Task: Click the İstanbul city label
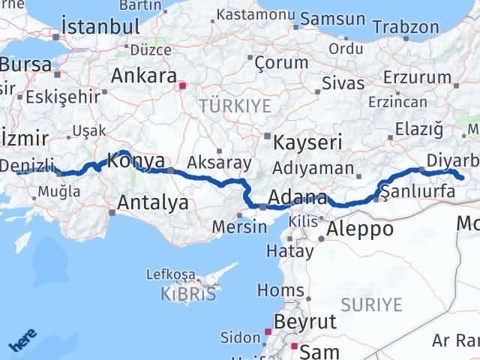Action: tap(100, 25)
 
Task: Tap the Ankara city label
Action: tap(142, 75)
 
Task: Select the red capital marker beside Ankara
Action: tap(181, 85)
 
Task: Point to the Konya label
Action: tap(136, 160)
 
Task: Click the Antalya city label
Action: tap(153, 201)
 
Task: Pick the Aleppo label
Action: tap(360, 229)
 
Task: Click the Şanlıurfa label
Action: tap(418, 193)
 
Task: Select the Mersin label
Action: tap(239, 226)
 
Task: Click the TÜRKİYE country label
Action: tap(234, 106)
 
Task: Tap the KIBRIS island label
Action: tap(187, 294)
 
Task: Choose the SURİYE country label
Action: tap(372, 304)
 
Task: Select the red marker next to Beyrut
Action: tap(268, 330)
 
